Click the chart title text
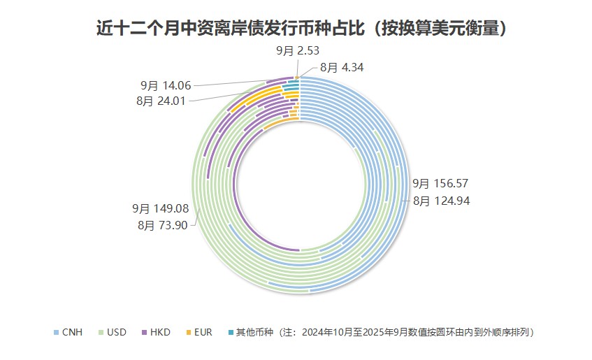(301, 29)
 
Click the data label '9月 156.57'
(440, 184)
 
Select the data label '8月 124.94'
(440, 201)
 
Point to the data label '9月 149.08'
(161, 208)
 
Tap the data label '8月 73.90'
(163, 225)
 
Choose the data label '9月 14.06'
(166, 85)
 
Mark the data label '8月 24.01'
(163, 101)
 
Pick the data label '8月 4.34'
(342, 68)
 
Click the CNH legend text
(72, 332)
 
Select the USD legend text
(117, 332)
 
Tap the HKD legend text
(160, 332)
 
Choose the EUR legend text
(203, 332)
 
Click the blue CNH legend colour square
(57, 332)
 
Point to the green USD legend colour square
(101, 332)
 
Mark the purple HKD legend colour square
(145, 332)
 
